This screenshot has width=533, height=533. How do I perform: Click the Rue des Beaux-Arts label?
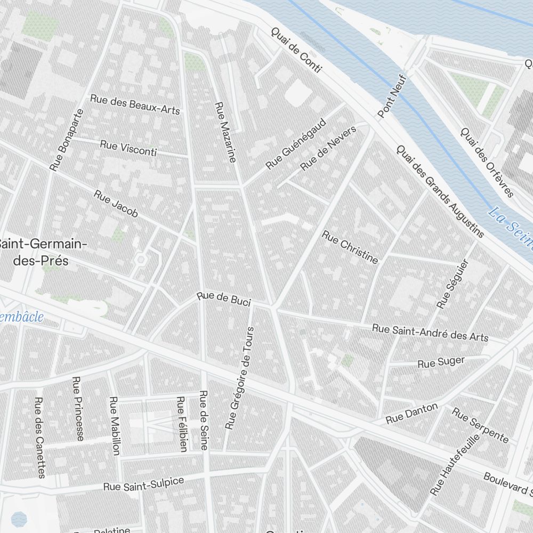(x=135, y=104)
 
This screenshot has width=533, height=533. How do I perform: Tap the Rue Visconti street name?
(x=128, y=148)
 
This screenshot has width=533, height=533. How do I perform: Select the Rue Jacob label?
(x=116, y=204)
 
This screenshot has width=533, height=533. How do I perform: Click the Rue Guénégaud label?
(x=296, y=143)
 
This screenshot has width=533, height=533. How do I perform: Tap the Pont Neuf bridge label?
(x=392, y=96)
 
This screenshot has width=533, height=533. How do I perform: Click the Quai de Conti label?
(x=296, y=50)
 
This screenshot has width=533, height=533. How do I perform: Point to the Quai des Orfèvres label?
(x=487, y=162)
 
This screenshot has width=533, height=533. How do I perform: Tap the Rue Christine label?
(x=350, y=247)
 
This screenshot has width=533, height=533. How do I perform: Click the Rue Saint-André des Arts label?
(x=430, y=333)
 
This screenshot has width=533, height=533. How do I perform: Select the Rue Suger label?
(x=441, y=362)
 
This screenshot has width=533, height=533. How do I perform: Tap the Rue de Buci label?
(x=223, y=300)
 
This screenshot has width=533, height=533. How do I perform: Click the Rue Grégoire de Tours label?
(x=240, y=378)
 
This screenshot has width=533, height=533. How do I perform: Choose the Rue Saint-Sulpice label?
(x=143, y=484)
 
